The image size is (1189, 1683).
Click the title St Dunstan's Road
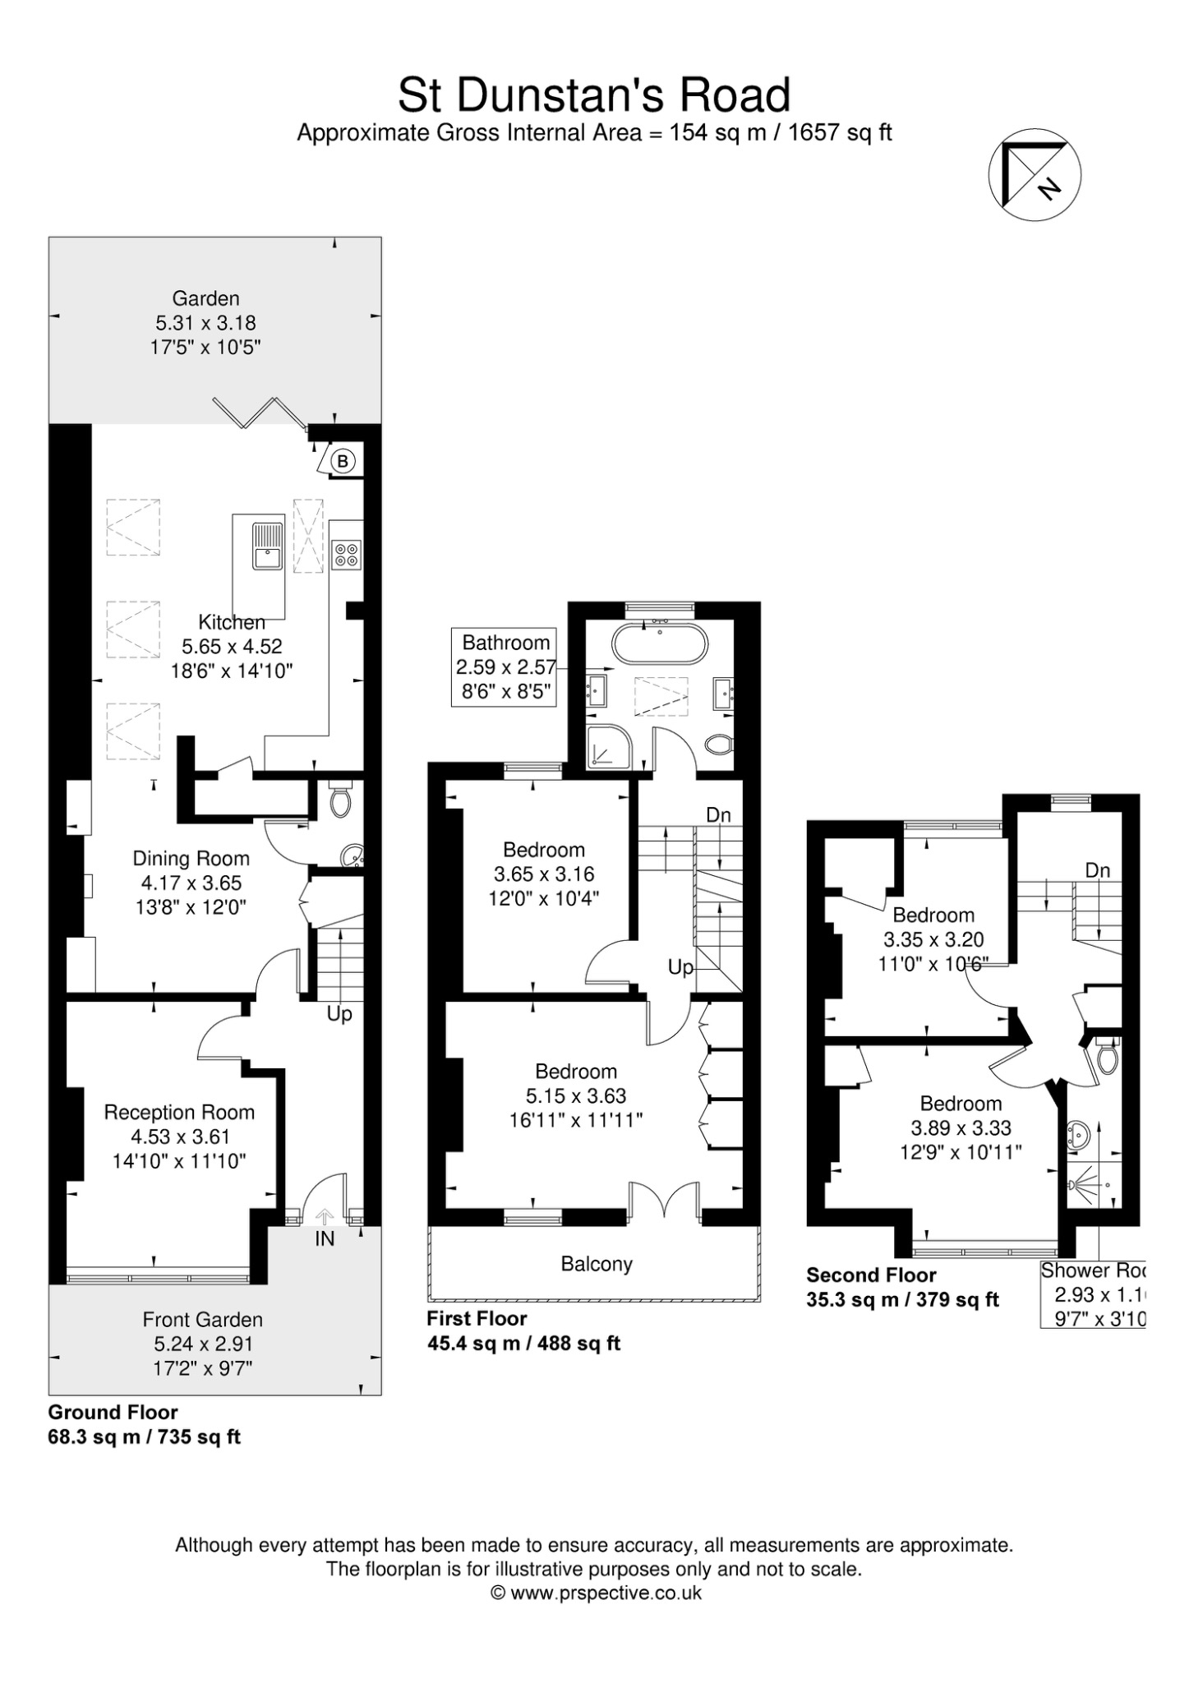click(594, 95)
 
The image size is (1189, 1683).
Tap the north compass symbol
click(1034, 175)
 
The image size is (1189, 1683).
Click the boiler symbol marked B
click(342, 461)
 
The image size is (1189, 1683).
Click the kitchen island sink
click(268, 546)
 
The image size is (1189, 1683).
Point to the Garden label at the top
click(205, 298)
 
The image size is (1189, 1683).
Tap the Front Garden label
click(202, 1320)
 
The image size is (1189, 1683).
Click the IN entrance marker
click(325, 1238)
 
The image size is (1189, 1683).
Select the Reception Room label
click(179, 1112)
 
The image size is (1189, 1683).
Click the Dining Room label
click(191, 859)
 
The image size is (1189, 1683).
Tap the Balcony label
click(597, 1264)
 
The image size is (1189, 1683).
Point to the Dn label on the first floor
click(719, 814)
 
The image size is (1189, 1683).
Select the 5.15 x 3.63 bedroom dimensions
click(576, 1095)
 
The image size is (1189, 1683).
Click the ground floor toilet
click(340, 799)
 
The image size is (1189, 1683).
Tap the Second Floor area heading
click(871, 1275)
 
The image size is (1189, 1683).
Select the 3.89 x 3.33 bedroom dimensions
click(961, 1128)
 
